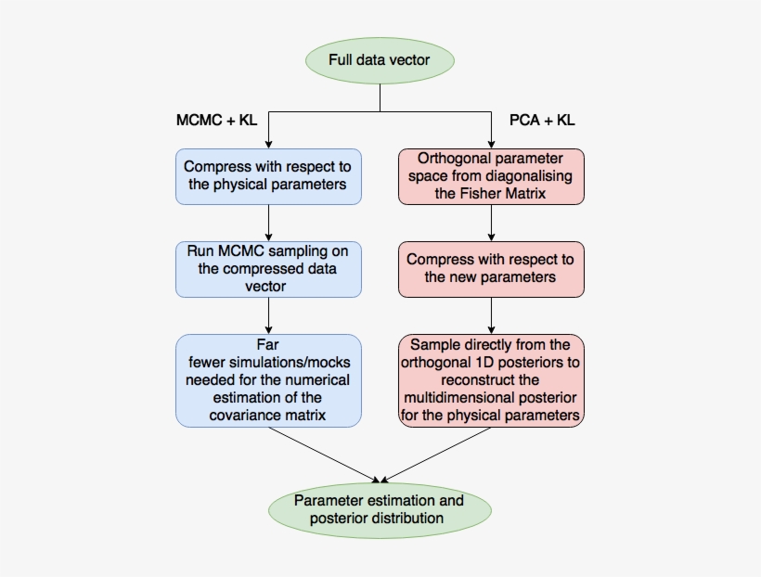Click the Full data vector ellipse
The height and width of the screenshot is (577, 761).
(379, 62)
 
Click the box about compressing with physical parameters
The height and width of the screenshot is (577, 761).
(267, 176)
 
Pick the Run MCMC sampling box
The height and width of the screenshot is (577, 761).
(267, 269)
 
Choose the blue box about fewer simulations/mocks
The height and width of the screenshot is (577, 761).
(267, 380)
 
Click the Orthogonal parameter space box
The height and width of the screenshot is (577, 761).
(491, 176)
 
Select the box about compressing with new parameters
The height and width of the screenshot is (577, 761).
(491, 269)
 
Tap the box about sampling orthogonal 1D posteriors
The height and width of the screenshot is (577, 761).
(491, 380)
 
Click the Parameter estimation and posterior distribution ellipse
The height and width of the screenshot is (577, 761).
(379, 509)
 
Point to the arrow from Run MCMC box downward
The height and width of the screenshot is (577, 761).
(267, 315)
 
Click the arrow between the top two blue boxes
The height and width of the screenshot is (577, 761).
(267, 223)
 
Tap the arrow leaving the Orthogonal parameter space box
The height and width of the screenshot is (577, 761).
(491, 223)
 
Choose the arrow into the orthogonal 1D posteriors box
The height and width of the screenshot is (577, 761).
(491, 315)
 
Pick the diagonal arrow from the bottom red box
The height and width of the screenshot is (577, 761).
(436, 455)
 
